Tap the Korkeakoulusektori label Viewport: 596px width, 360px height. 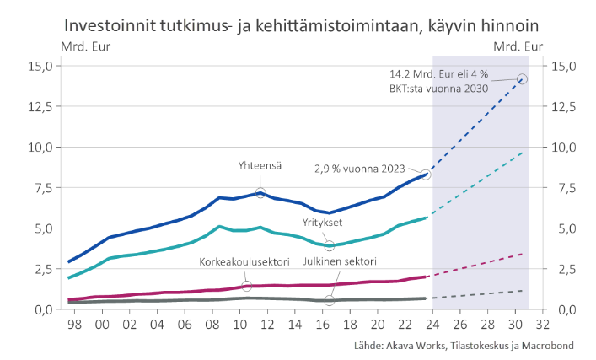241,261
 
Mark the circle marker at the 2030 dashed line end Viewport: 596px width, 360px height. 522,78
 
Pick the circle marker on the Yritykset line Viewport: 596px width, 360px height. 330,245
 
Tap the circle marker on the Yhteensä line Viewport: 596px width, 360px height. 261,193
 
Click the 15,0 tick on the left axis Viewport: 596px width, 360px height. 40,66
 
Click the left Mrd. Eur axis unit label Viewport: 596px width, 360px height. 85,46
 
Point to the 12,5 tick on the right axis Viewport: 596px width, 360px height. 562,106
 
